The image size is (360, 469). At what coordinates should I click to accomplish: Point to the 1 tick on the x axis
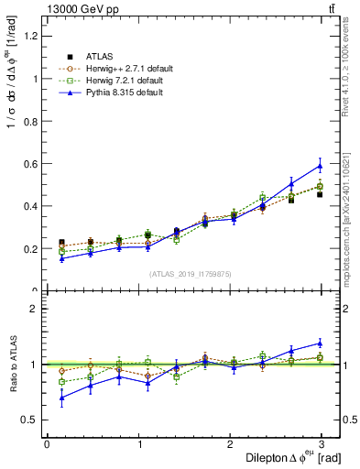pyautogui.click(x=138, y=445)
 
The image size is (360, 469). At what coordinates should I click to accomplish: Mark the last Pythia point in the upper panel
pyautogui.click(x=320, y=166)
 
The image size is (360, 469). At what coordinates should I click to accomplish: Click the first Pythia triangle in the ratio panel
pyautogui.click(x=61, y=398)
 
